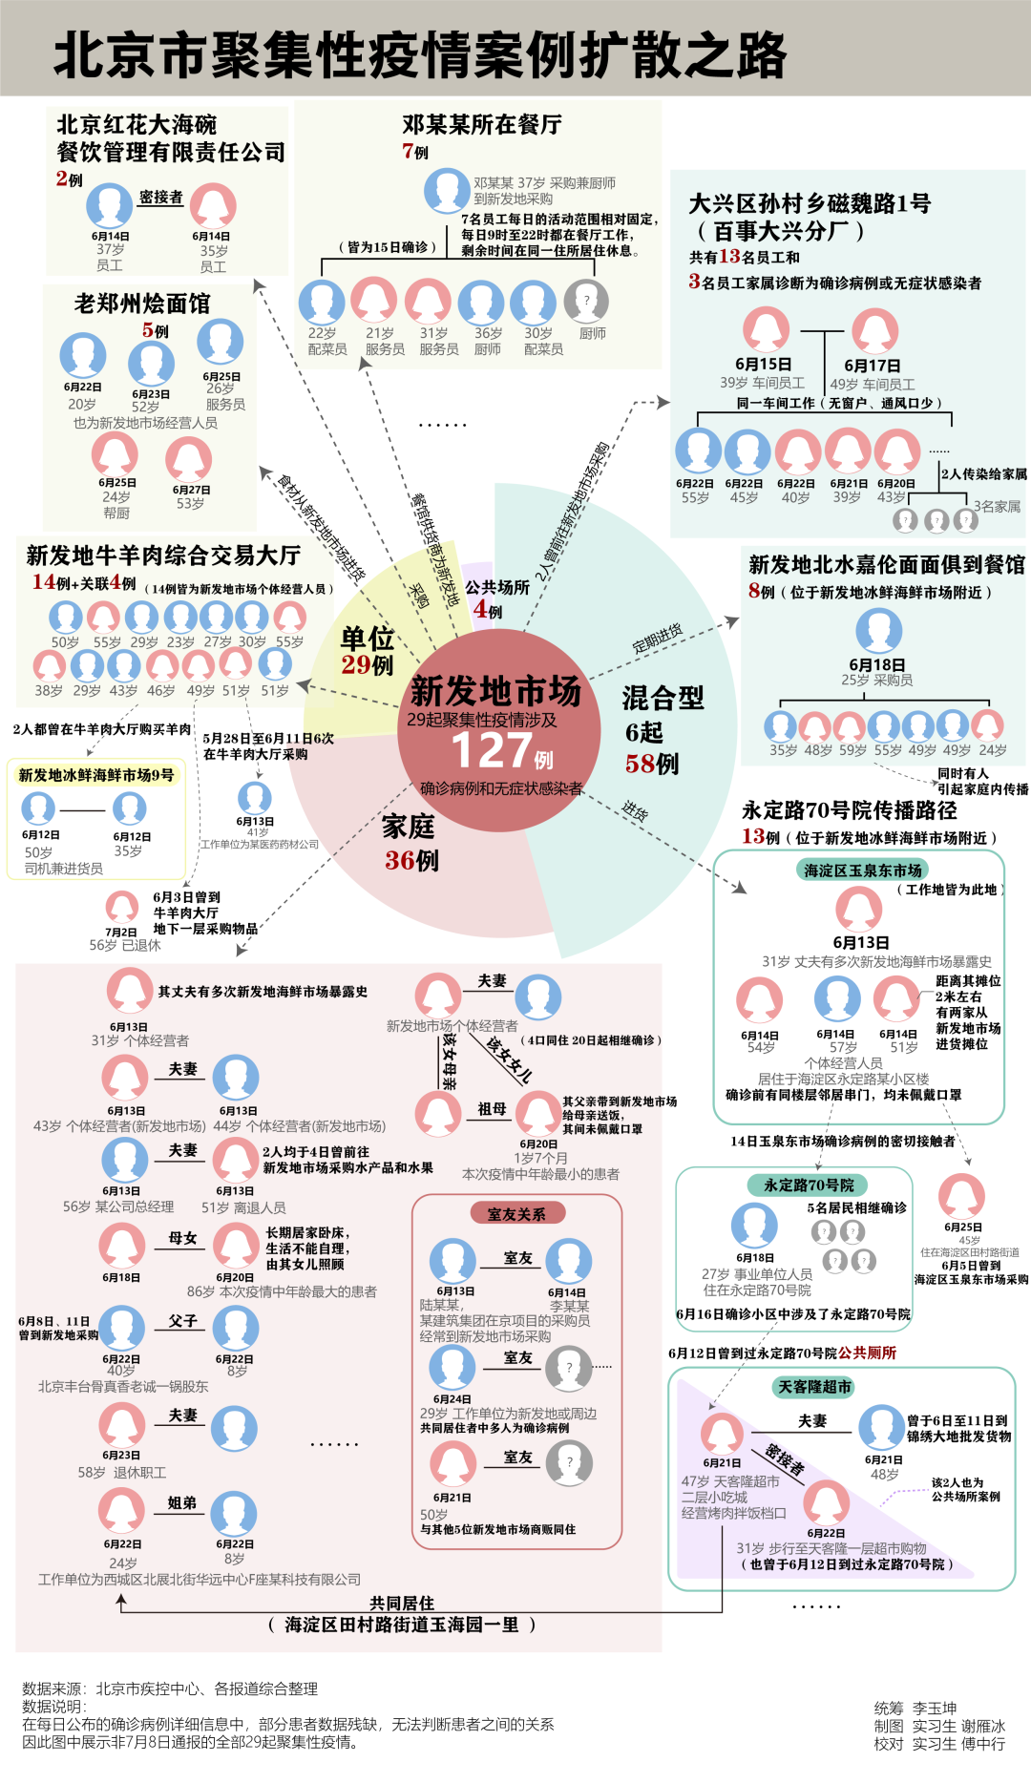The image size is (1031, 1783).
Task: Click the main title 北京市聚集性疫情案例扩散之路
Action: tap(420, 55)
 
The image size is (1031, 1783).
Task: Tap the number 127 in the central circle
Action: tap(492, 750)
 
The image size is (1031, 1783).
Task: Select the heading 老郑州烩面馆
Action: tap(142, 304)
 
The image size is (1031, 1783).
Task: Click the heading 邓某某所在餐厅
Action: tap(481, 124)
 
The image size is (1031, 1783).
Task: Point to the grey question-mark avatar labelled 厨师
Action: tap(586, 302)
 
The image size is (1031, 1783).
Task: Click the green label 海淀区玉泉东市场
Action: tap(863, 870)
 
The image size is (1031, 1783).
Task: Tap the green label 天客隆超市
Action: tap(814, 1386)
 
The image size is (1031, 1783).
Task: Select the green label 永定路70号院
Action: tap(809, 1185)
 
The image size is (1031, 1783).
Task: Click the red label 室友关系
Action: tap(516, 1213)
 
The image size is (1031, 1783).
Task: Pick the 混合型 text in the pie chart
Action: tap(663, 698)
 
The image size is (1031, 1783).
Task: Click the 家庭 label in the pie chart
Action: tap(409, 827)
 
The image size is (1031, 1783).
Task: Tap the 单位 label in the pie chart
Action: tap(368, 638)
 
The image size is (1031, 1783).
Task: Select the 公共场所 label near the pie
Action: tap(497, 587)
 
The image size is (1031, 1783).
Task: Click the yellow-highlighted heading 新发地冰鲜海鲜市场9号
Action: tap(96, 775)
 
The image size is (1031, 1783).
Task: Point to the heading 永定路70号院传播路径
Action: tap(850, 810)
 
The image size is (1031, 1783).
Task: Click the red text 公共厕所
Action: tap(868, 1353)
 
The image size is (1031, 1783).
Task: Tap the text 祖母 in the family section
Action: tap(492, 1108)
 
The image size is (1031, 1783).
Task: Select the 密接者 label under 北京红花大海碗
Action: tap(160, 197)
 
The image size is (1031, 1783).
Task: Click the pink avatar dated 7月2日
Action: tap(121, 907)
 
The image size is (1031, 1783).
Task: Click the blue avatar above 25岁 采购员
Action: tap(878, 631)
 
